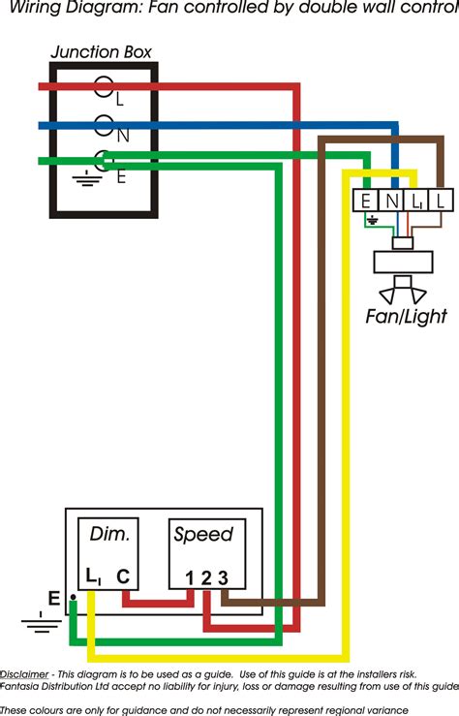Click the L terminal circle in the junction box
point(103,87)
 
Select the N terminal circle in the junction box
point(103,125)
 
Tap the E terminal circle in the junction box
point(103,160)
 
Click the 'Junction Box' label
point(101,52)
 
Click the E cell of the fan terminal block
point(365,202)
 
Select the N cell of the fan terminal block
point(389,202)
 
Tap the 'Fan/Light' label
point(406,316)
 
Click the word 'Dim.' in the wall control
point(109,534)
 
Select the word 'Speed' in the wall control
point(203,534)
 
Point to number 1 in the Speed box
point(191,578)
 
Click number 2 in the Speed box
point(206,578)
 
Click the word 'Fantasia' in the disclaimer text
point(21,686)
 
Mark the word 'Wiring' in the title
point(31,9)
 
